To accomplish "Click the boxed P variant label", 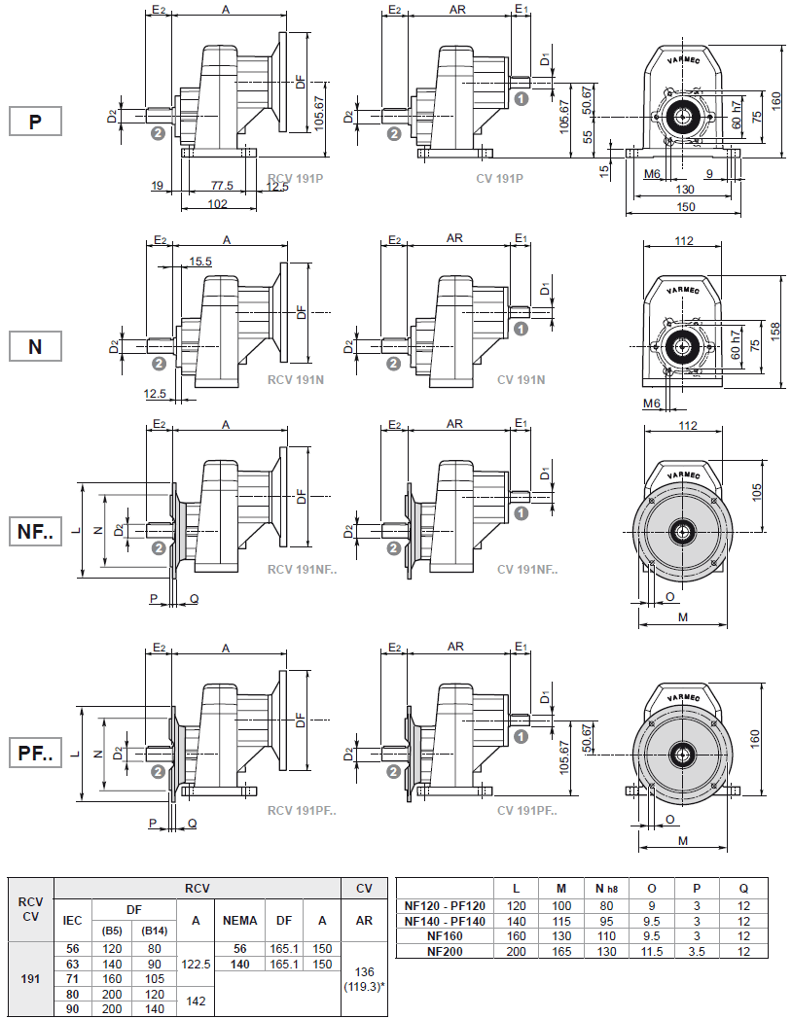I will (35, 122).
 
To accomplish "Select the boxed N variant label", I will (35, 345).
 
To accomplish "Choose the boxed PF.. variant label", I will (35, 753).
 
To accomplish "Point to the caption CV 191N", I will (521, 379).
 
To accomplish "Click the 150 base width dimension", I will (685, 207).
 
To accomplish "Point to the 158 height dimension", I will (774, 331).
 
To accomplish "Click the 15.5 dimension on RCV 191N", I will (200, 262).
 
